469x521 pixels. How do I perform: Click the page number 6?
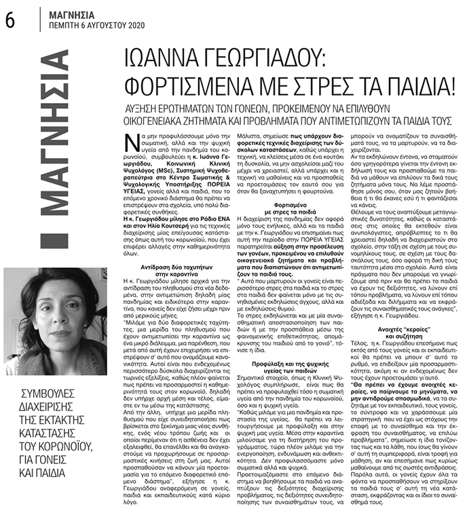tap(10, 19)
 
